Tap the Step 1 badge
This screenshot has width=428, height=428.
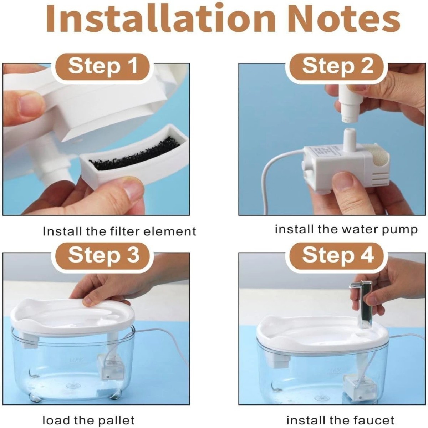coord(103,66)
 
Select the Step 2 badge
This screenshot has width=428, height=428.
coord(337,66)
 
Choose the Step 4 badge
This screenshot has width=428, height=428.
coord(337,255)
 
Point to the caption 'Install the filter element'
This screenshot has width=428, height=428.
coord(119,231)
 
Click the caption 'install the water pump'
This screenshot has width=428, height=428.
coord(346,229)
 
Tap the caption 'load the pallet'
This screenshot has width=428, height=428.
coord(88,411)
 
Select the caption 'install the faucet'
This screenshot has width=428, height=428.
coord(340,411)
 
